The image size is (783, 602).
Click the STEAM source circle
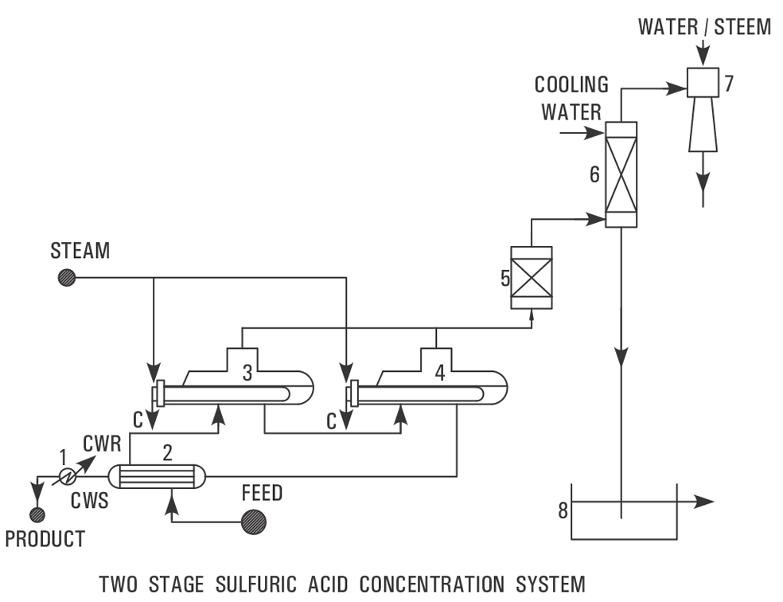click(66, 277)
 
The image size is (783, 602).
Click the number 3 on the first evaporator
click(247, 373)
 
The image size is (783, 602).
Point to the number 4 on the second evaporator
click(439, 373)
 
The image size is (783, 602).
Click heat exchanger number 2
click(157, 476)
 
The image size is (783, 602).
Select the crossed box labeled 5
click(531, 277)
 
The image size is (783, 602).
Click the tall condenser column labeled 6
click(621, 174)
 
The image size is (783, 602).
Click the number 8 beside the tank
click(563, 510)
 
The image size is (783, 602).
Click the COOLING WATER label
click(571, 98)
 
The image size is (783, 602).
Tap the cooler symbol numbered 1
click(68, 476)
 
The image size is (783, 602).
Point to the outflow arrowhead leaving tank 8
click(706, 502)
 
